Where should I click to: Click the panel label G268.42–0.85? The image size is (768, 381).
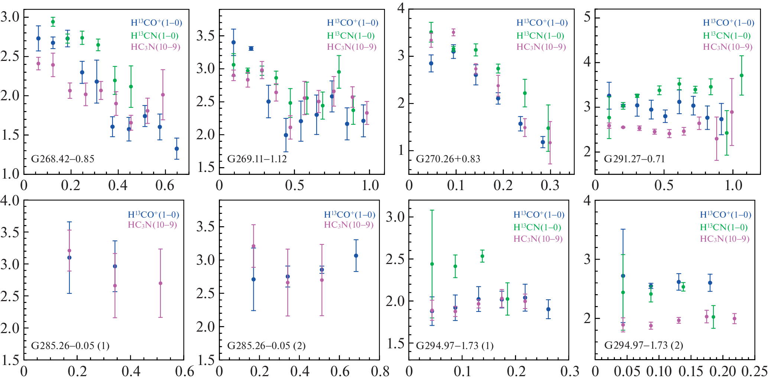coord(62,159)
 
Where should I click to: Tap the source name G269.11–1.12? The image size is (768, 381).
coord(257,159)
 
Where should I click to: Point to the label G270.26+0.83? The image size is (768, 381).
coord(448,159)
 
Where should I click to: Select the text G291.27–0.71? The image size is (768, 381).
coord(634,159)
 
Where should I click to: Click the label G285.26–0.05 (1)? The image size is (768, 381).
coord(70,346)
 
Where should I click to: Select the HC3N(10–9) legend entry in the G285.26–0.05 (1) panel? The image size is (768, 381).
coord(152,225)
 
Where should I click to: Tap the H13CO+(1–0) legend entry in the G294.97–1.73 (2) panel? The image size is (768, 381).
coord(726,215)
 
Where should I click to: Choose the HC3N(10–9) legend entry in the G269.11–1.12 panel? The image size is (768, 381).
coord(351,47)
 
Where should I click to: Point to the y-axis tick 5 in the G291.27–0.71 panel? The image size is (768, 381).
coord(587,17)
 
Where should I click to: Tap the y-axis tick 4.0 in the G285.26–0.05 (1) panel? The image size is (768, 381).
coord(10,201)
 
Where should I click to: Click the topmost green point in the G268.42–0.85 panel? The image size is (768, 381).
coord(53,22)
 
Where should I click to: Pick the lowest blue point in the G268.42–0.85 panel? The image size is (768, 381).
coord(177,149)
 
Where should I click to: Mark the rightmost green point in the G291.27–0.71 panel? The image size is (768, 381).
coord(742,75)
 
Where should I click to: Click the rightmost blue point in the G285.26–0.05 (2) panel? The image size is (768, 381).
coord(356,255)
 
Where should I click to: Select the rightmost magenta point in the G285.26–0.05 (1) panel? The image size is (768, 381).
coord(161,283)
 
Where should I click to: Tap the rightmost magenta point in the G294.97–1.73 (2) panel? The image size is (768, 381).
coord(735,319)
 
